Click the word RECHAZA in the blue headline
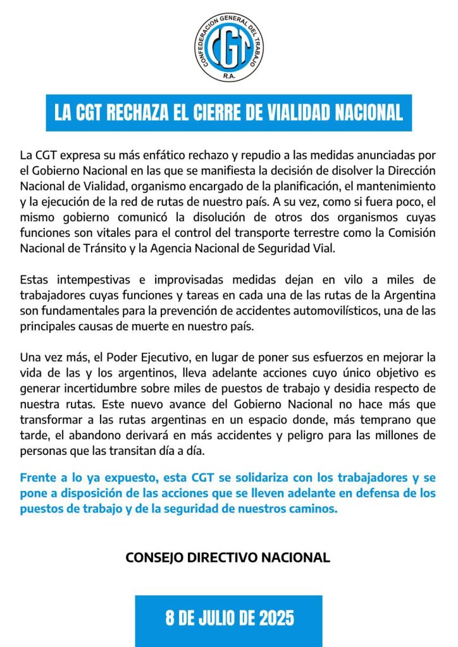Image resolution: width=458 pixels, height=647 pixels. (140, 112)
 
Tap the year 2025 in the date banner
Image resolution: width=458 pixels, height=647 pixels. (273, 617)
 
